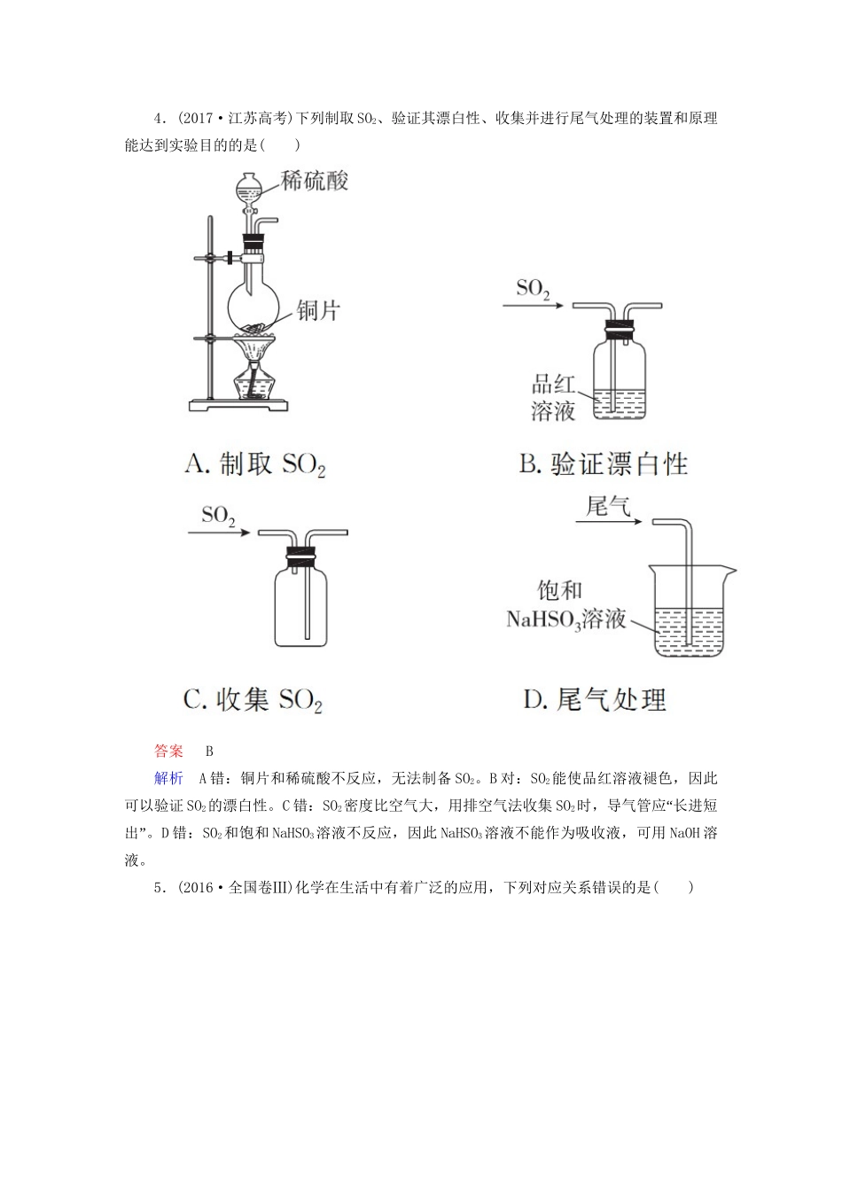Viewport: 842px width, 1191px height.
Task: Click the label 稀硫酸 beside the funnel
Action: point(315,181)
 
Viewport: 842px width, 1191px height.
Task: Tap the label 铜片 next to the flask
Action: point(317,310)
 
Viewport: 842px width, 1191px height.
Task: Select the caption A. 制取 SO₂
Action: point(255,464)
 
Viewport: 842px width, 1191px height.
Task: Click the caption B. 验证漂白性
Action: point(604,463)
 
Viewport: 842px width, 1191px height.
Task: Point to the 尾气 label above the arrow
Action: point(607,507)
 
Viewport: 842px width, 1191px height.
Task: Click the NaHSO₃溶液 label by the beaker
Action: point(565,619)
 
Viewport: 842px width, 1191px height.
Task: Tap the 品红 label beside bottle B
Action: point(554,385)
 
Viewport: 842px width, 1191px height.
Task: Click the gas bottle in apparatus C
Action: point(303,607)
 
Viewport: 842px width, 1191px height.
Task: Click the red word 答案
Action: point(168,751)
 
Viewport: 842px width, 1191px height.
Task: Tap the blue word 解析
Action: point(168,778)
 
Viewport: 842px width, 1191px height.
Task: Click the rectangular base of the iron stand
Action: point(240,405)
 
